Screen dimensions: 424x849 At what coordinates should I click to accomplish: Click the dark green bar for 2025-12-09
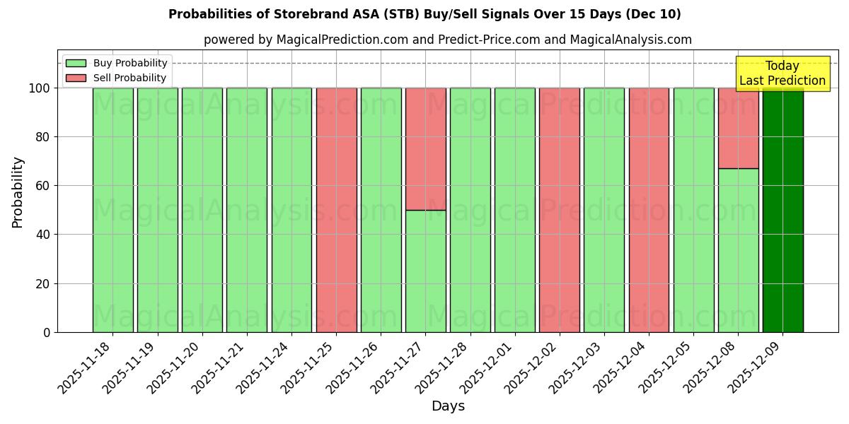(782, 210)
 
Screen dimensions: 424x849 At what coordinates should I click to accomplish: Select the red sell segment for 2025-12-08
(738, 128)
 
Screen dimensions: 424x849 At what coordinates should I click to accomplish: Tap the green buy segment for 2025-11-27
(425, 271)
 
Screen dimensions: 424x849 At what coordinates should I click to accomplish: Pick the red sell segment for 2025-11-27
(425, 148)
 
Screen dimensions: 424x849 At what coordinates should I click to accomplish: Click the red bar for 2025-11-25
(336, 210)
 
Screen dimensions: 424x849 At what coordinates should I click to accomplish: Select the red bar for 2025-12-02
(560, 210)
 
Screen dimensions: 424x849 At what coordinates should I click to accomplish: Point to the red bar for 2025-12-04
(649, 210)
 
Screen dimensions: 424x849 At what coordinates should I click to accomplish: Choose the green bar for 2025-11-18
(112, 210)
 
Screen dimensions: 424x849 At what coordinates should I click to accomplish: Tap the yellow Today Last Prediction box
(782, 73)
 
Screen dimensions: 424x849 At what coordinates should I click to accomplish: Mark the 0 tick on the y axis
(47, 332)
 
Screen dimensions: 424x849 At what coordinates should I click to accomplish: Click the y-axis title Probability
(18, 192)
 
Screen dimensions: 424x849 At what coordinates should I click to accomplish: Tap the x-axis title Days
(448, 406)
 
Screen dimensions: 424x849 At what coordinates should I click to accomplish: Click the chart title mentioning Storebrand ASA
(424, 14)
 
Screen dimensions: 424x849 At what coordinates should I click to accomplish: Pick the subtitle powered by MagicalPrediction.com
(448, 40)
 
